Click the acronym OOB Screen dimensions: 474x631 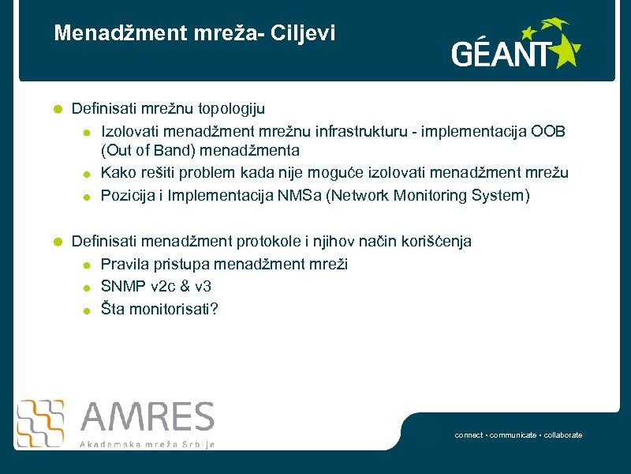pos(548,130)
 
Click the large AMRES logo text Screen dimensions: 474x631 pos(147,418)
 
